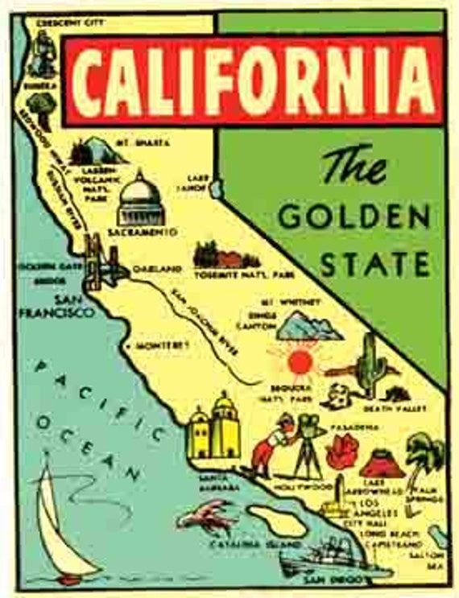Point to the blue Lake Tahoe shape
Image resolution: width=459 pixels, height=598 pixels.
coord(215,187)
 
